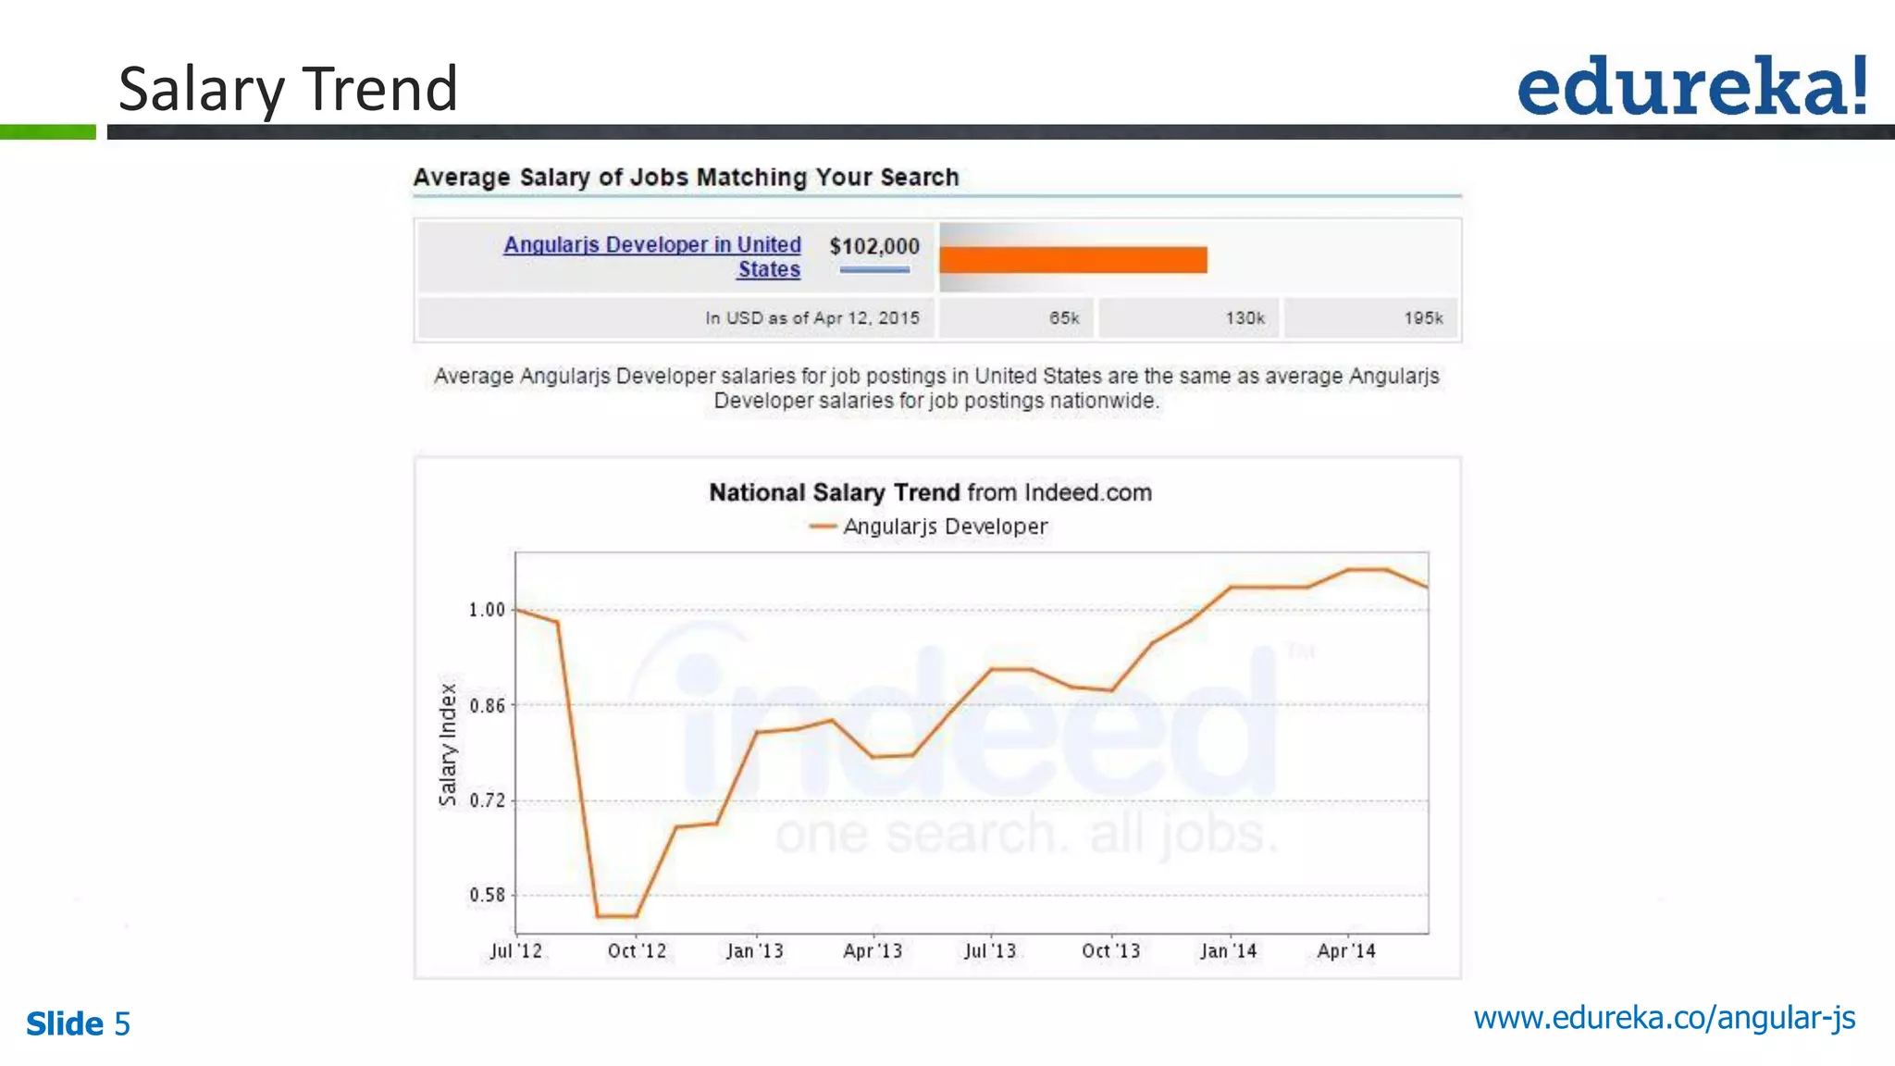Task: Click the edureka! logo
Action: click(x=1691, y=86)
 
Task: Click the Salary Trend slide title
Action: click(x=288, y=89)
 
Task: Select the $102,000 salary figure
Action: click(x=874, y=246)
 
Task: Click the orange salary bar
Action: click(x=1073, y=260)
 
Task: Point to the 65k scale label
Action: click(x=1064, y=318)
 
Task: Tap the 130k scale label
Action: click(x=1245, y=318)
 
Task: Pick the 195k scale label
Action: click(x=1423, y=318)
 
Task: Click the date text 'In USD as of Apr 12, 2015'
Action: click(x=812, y=318)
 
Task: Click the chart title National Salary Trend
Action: click(x=930, y=492)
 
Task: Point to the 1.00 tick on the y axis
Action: click(x=487, y=610)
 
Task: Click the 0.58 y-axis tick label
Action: click(x=487, y=895)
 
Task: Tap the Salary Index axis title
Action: click(x=448, y=745)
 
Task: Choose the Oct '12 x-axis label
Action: click(x=637, y=951)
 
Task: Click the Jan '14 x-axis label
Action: click(x=1229, y=951)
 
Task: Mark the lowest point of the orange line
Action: click(x=616, y=916)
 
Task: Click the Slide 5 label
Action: click(x=79, y=1023)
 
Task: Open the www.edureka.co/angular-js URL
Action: click(x=1664, y=1018)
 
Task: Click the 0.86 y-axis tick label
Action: click(x=487, y=706)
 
